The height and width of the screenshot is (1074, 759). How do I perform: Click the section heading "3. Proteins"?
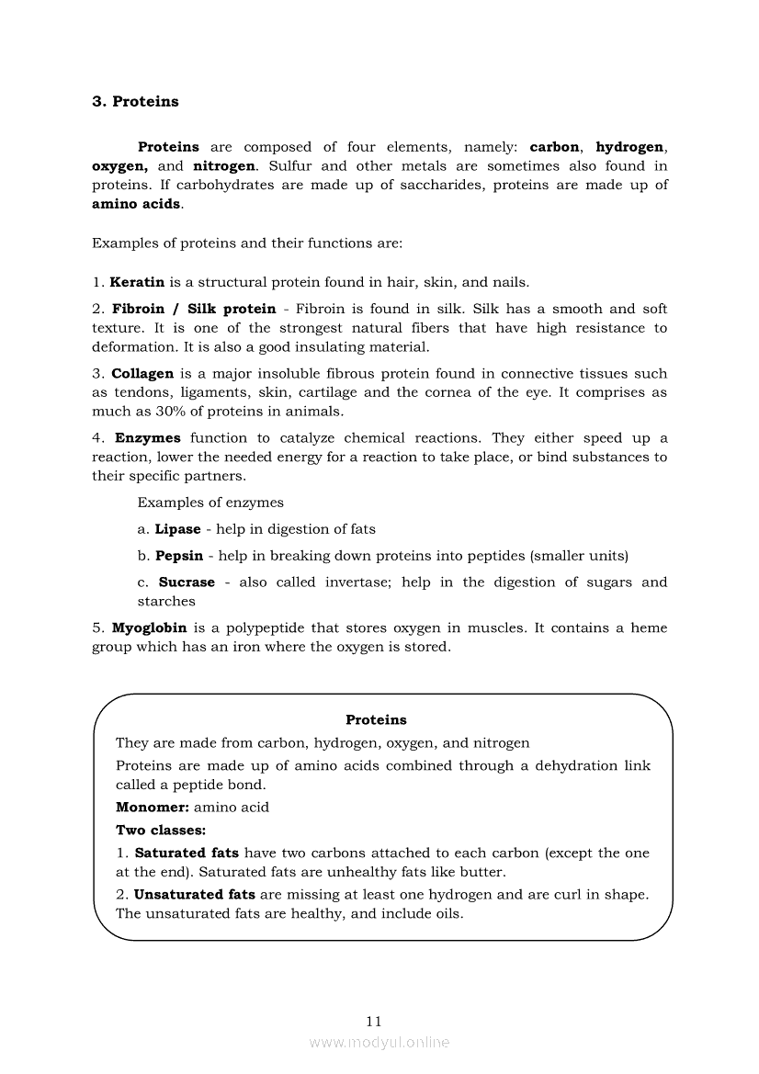tap(135, 102)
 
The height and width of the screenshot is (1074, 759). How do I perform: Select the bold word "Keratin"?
tap(137, 282)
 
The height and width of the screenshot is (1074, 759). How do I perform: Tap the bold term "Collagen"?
tap(142, 374)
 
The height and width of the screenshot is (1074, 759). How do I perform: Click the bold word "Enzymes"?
tap(147, 438)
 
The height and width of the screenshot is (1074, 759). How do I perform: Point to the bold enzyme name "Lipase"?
tap(177, 529)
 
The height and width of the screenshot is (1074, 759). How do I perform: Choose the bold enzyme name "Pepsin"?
tap(179, 556)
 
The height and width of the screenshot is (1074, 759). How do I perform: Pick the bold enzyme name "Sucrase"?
tap(187, 582)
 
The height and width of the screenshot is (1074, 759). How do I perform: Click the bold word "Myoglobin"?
tap(149, 628)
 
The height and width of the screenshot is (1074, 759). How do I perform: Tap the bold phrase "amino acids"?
tap(136, 204)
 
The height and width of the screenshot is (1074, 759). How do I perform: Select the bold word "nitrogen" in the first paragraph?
tap(225, 166)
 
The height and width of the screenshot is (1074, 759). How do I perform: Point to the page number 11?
tap(373, 1021)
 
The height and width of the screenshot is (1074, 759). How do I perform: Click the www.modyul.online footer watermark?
tap(379, 1043)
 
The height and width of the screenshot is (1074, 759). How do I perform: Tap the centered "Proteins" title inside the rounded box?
tap(376, 720)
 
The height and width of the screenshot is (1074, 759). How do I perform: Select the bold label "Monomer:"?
tap(153, 808)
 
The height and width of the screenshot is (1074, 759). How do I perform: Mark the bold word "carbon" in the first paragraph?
tap(554, 147)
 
